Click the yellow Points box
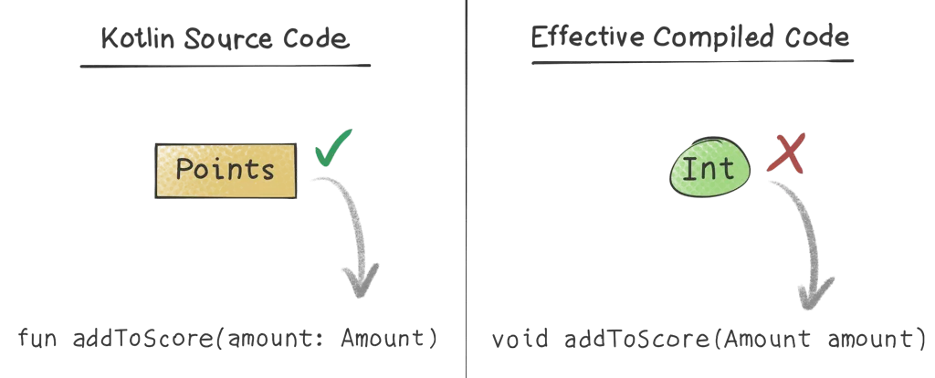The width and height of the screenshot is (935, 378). (226, 170)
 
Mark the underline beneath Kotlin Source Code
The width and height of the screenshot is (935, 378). (223, 64)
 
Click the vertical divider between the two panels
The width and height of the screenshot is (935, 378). (467, 183)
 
